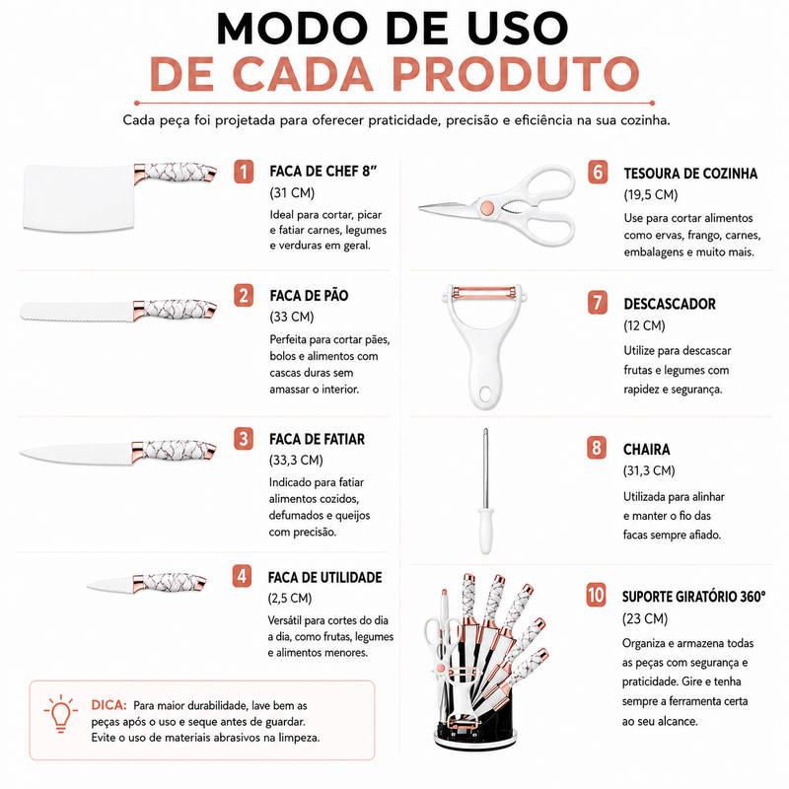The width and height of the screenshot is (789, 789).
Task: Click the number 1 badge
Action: pyautogui.click(x=244, y=172)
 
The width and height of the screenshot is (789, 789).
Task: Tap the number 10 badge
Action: pyautogui.click(x=596, y=595)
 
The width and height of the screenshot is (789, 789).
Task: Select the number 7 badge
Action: pyautogui.click(x=598, y=303)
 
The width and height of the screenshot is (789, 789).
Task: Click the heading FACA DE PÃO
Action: pyautogui.click(x=309, y=295)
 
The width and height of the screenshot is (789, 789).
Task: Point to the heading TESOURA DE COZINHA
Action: pyautogui.click(x=690, y=174)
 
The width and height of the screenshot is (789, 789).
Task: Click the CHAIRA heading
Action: pyautogui.click(x=647, y=450)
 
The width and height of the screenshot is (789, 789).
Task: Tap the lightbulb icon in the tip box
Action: pyautogui.click(x=61, y=713)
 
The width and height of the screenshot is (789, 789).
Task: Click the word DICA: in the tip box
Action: pyautogui.click(x=108, y=705)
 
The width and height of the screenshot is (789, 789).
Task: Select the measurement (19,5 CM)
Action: pyautogui.click(x=651, y=194)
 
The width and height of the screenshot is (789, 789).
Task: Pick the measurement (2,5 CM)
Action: pyautogui.click(x=290, y=599)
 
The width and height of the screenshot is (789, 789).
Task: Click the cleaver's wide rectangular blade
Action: pyautogui.click(x=79, y=197)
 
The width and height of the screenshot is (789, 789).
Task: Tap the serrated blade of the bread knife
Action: pyautogui.click(x=77, y=312)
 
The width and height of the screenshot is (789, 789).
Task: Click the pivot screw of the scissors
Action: pyautogui.click(x=487, y=207)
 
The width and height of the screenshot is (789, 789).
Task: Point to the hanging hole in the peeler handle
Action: pyautogui.click(x=486, y=394)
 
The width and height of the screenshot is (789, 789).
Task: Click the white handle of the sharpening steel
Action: pyautogui.click(x=485, y=531)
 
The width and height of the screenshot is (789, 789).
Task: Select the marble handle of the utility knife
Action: pyautogui.click(x=170, y=582)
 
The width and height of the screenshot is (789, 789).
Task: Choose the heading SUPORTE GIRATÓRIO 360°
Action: pyautogui.click(x=694, y=597)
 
